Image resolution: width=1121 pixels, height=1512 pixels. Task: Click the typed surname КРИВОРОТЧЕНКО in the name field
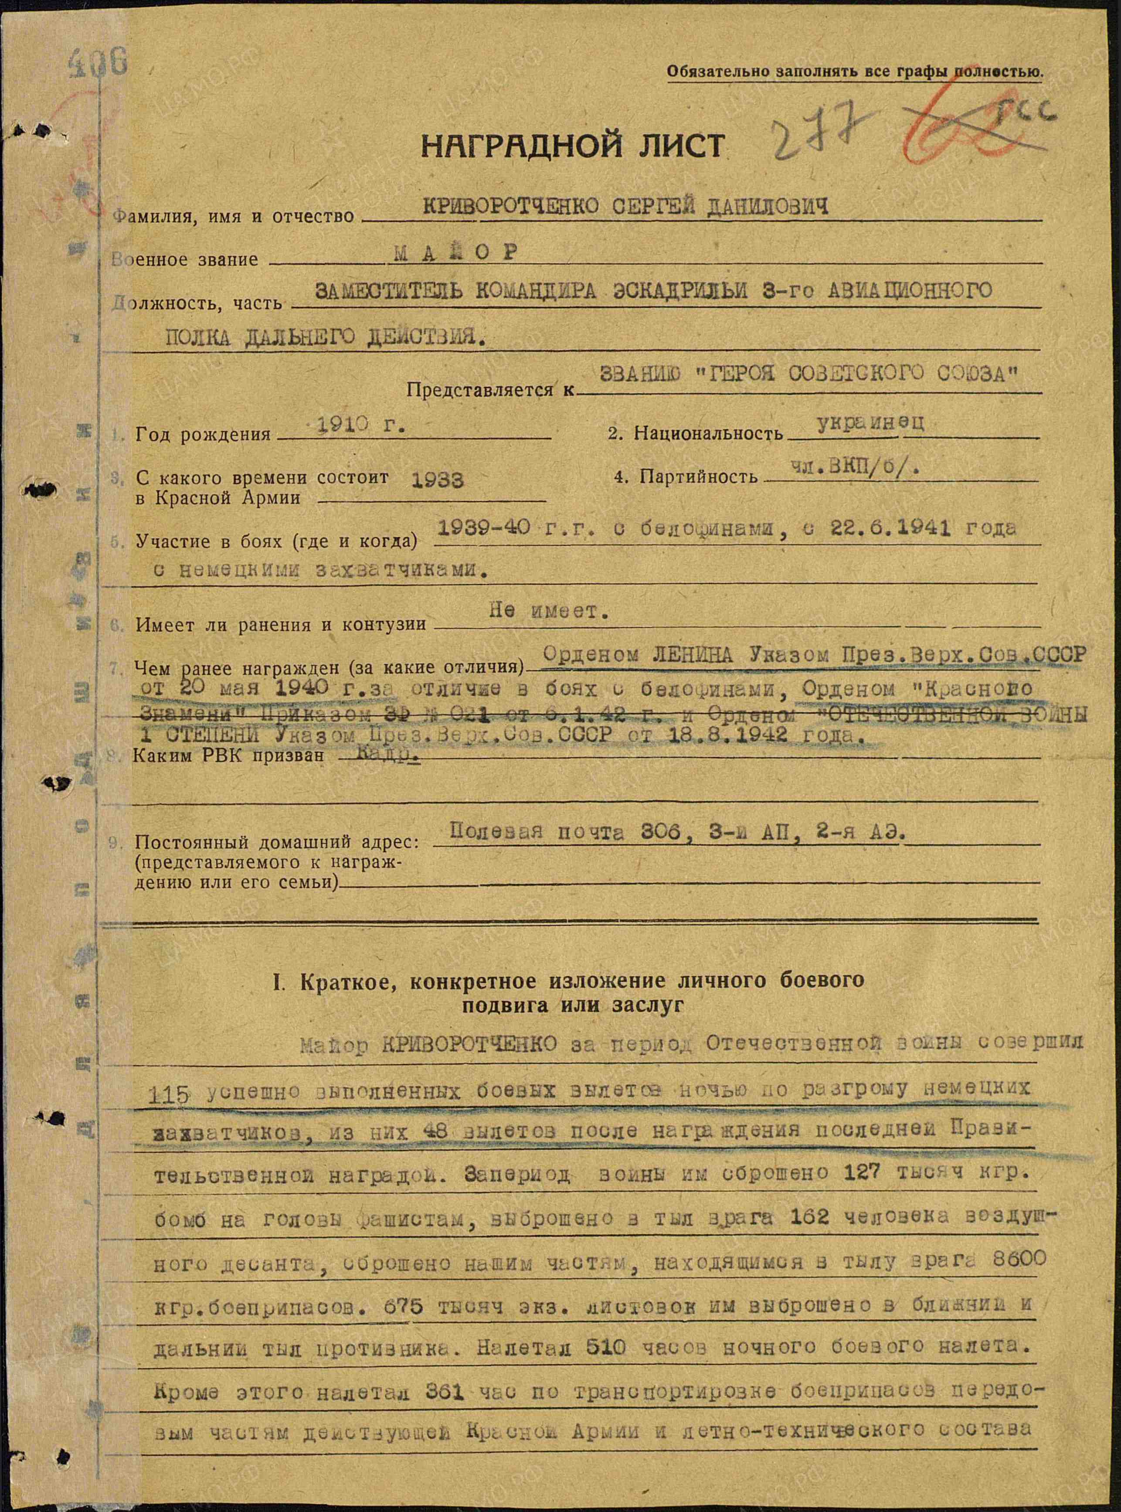(511, 206)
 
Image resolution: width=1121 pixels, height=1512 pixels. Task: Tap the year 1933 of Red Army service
(438, 480)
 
